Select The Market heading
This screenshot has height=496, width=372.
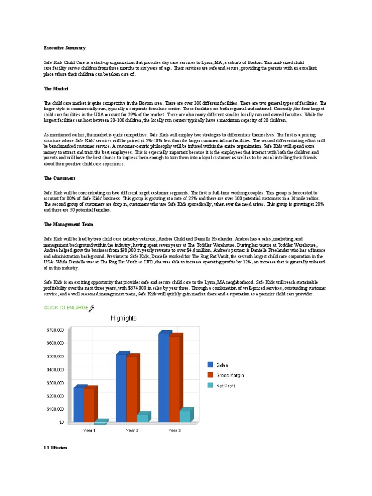coord(56,89)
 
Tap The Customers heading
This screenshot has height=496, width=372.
coord(61,178)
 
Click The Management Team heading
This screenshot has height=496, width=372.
coord(68,224)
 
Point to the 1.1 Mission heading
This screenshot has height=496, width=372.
coord(56,448)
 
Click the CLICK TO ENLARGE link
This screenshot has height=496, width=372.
coord(66,307)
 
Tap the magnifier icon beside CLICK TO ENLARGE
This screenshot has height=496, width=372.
coord(92,308)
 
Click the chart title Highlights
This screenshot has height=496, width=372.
coord(124,318)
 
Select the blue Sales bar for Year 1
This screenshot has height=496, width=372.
coord(78,404)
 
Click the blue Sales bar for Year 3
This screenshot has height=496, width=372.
coord(164,378)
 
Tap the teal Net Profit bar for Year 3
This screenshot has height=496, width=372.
coord(185,416)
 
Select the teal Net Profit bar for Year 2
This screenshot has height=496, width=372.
coord(142,418)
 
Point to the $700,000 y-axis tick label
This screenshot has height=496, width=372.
coord(55,330)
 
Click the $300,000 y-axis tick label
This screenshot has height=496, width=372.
coord(55,383)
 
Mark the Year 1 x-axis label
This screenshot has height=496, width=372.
coord(90,430)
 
